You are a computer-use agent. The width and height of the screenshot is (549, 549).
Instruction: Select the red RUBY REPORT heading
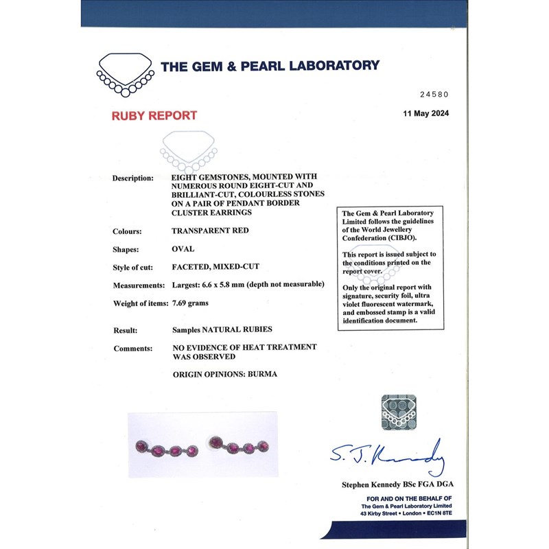154,115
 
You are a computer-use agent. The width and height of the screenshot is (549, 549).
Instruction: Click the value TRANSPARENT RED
210,231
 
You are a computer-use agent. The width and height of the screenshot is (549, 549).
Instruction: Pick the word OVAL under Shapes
183,249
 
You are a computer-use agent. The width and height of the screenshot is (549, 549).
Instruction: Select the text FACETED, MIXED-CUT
216,267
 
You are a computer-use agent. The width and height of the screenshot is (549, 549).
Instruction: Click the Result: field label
125,330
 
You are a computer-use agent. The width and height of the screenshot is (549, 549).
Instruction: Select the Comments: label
132,348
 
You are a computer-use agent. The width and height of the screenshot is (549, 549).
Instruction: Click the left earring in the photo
168,449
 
